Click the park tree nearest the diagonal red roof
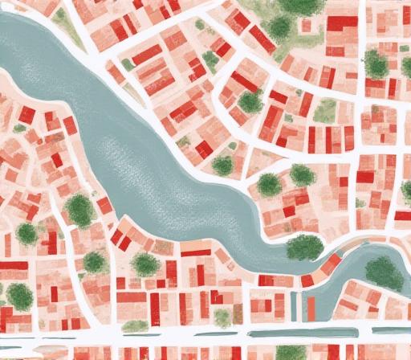click(279, 29)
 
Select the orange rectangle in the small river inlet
click(311, 306)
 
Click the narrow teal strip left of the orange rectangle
click(294, 306)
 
